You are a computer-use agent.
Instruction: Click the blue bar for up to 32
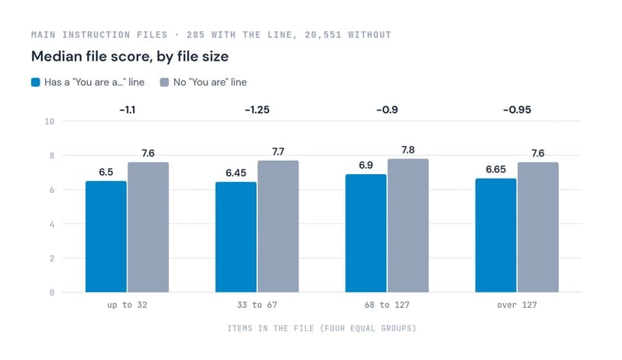(x=106, y=236)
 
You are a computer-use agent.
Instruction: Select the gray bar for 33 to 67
(x=278, y=226)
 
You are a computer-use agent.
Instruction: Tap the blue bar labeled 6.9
(x=365, y=233)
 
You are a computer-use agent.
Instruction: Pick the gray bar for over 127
(x=538, y=227)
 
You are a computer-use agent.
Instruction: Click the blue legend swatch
(x=36, y=82)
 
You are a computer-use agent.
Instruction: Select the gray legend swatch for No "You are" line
(x=164, y=82)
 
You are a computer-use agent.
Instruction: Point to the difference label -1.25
(x=257, y=110)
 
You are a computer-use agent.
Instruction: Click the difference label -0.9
(x=387, y=110)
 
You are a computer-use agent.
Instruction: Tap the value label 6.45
(x=236, y=173)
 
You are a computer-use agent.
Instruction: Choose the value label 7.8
(x=407, y=149)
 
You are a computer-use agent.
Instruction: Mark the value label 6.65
(x=496, y=169)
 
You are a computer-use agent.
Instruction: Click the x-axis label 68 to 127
(x=387, y=305)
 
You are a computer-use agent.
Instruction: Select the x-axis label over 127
(x=517, y=305)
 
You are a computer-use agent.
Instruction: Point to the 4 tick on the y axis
(x=52, y=224)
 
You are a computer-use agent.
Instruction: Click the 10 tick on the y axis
(x=50, y=121)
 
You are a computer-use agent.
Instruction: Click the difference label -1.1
(x=128, y=110)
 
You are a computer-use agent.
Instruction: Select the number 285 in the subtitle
(x=196, y=34)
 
